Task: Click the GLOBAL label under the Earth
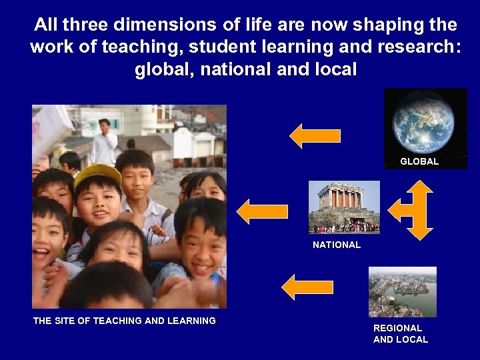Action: pyautogui.click(x=419, y=161)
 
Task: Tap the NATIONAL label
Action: pyautogui.click(x=337, y=245)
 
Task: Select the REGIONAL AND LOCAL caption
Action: pyautogui.click(x=400, y=333)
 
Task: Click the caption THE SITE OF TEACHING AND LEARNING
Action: pyautogui.click(x=125, y=321)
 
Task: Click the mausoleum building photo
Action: pyautogui.click(x=344, y=207)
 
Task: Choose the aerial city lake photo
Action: pyautogui.click(x=402, y=291)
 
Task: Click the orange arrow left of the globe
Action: pyautogui.click(x=315, y=136)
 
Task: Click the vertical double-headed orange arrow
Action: pyautogui.click(x=421, y=210)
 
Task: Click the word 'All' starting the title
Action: pyautogui.click(x=46, y=25)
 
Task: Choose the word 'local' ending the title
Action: pyautogui.click(x=334, y=69)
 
